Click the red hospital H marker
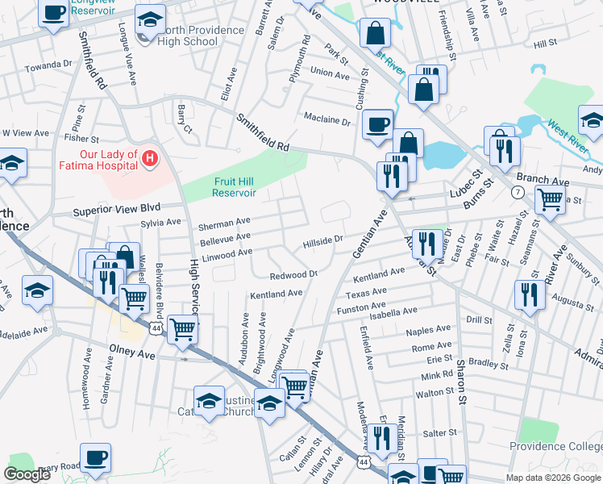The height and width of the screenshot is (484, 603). (x=149, y=160)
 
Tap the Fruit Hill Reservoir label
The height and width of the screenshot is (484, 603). (x=235, y=187)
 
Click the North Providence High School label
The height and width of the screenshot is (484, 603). (x=202, y=35)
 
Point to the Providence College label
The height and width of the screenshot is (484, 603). (x=555, y=446)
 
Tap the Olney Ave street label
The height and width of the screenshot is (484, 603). (x=131, y=354)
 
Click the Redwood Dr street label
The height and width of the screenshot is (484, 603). (x=294, y=274)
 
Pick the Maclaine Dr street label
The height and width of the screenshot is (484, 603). (x=327, y=122)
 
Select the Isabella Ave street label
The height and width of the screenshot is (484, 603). (x=393, y=311)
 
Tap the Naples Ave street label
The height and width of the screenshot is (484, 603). (x=428, y=330)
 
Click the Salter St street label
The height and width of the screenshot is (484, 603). (x=440, y=433)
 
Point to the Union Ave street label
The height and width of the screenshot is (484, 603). (x=330, y=73)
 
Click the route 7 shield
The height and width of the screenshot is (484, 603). (x=518, y=191)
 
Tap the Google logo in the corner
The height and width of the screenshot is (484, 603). (x=27, y=474)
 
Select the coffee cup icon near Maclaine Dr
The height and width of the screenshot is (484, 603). (x=376, y=125)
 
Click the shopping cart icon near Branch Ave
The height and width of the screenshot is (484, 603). (x=550, y=199)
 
